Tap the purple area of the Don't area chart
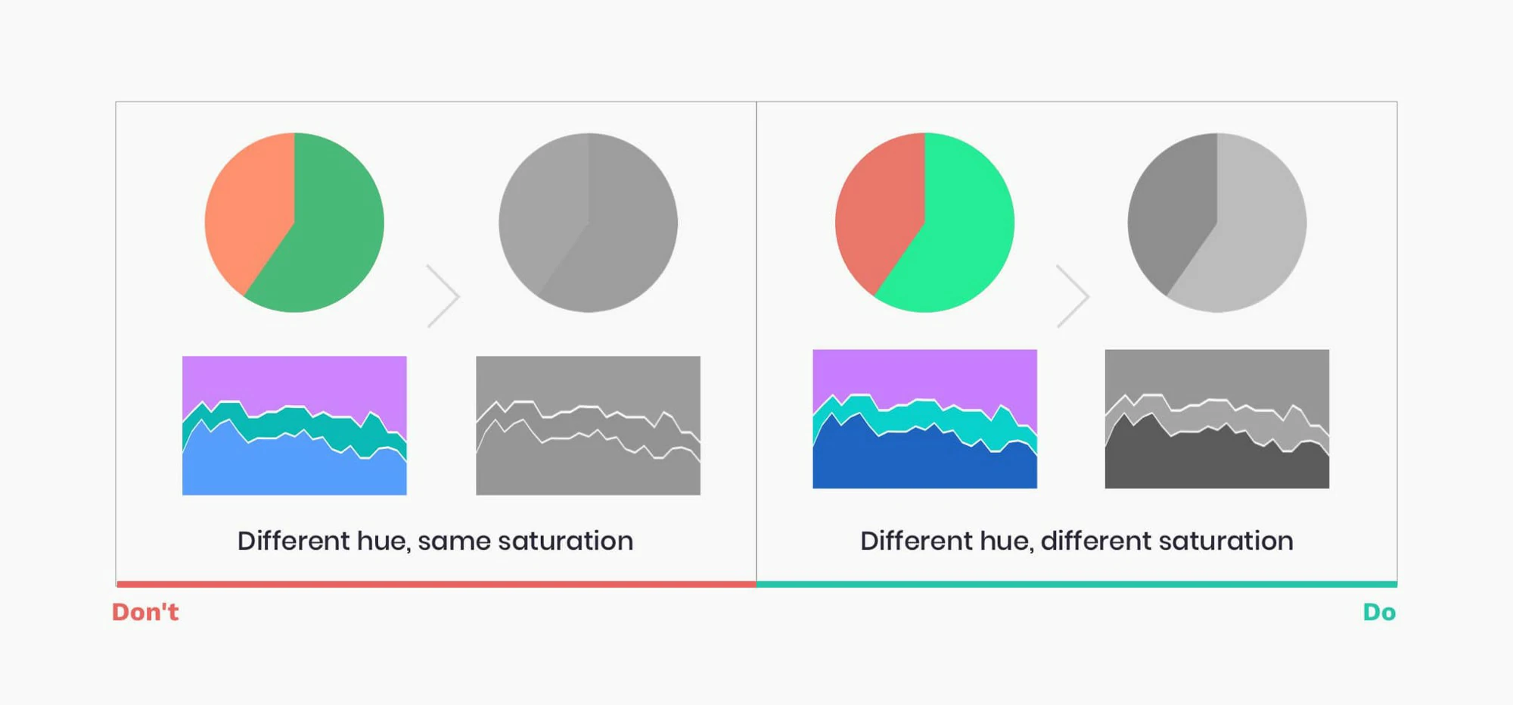click(x=295, y=379)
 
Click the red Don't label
click(x=145, y=612)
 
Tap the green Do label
click(x=1379, y=612)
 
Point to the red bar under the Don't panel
click(x=437, y=584)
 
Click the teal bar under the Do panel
click(x=1076, y=584)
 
